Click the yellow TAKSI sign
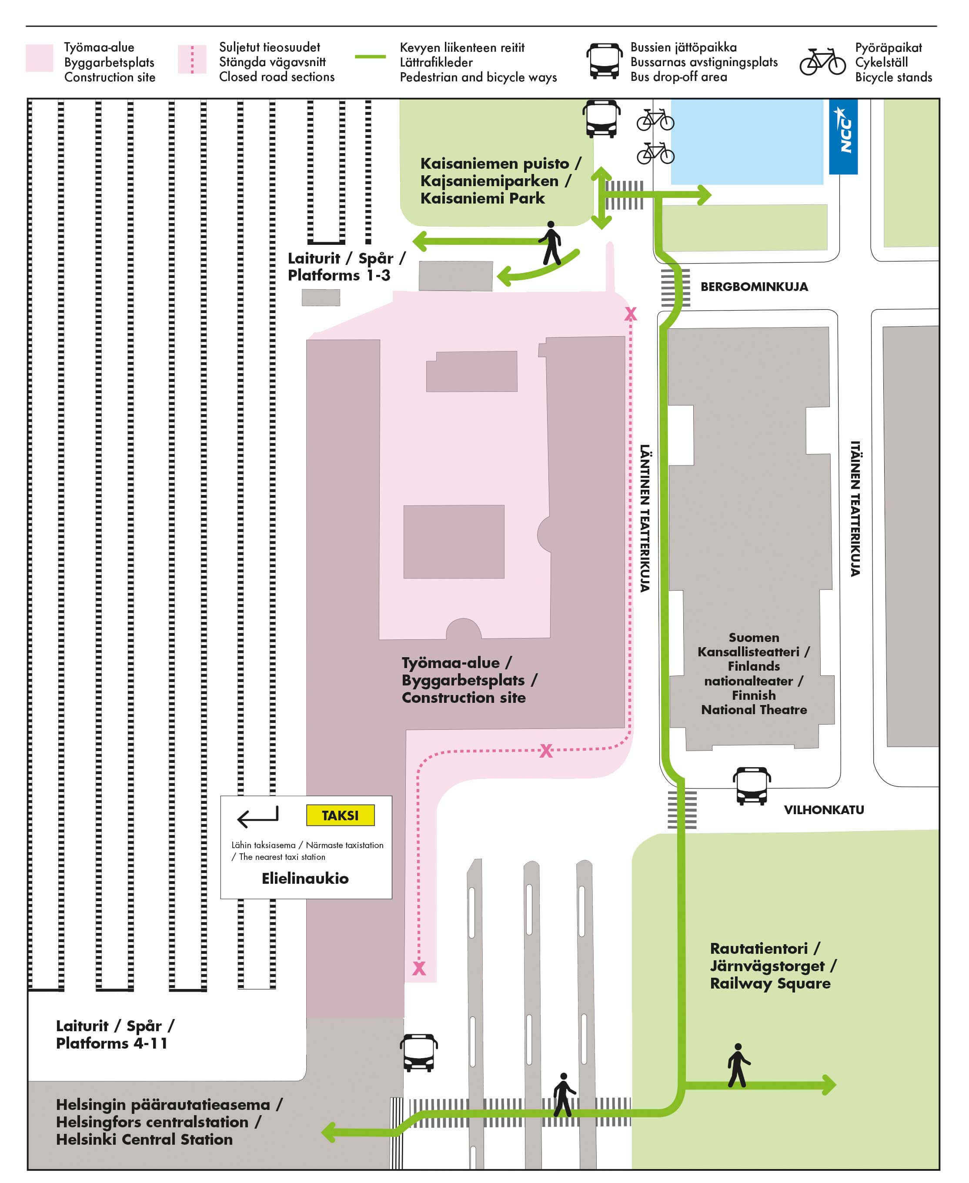[x=340, y=815]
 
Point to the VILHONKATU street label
[x=824, y=809]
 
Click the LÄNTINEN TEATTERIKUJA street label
[x=645, y=518]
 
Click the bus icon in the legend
[x=604, y=60]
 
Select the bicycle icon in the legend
[x=822, y=61]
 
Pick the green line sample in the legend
[x=370, y=57]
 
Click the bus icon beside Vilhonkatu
[x=752, y=785]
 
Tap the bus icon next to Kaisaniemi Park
[x=601, y=118]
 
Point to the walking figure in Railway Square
[x=738, y=1065]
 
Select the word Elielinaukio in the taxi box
[x=305, y=878]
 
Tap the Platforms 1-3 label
[x=347, y=266]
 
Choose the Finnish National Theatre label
[x=754, y=673]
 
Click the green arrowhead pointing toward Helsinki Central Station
[x=329, y=1133]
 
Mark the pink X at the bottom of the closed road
[x=419, y=968]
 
